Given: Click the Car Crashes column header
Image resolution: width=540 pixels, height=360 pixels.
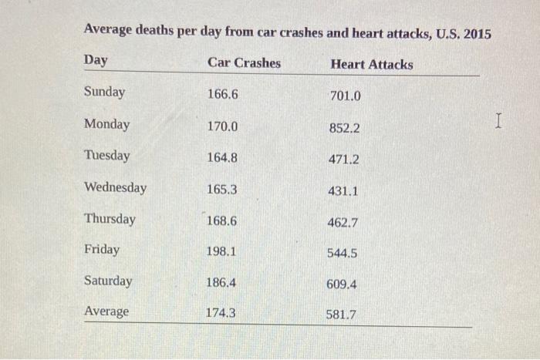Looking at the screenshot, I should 244,63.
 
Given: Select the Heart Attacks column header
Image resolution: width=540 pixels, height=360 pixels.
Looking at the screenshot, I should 371,65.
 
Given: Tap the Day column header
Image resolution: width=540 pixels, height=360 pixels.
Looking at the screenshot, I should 96,61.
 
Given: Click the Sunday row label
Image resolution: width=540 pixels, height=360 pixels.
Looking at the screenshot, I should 104,93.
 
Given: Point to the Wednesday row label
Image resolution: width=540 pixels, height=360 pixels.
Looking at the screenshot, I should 115,187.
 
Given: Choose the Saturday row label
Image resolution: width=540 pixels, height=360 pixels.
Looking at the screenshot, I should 108,281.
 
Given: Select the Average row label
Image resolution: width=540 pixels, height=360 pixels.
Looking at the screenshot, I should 106,311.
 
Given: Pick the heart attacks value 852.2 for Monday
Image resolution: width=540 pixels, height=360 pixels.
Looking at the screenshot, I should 344,128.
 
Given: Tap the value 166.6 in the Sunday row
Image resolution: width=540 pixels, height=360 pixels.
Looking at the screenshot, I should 223,94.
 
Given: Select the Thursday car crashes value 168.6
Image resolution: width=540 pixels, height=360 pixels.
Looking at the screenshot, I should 221,220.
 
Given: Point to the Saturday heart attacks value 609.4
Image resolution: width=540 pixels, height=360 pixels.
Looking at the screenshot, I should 342,284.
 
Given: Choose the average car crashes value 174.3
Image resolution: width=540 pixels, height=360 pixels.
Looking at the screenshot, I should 221,313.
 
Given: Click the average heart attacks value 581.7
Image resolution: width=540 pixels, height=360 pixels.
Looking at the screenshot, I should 341,315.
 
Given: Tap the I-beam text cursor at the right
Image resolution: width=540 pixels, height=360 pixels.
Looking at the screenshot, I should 499,120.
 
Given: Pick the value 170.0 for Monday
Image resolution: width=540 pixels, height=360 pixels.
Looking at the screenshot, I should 222,126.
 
